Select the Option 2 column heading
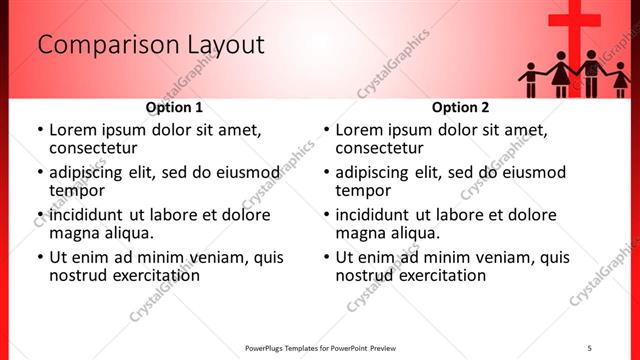click(460, 107)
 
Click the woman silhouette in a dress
click(560, 76)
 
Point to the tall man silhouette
click(591, 72)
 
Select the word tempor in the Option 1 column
click(77, 190)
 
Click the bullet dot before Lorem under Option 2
click(327, 131)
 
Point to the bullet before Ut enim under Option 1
click(40, 258)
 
